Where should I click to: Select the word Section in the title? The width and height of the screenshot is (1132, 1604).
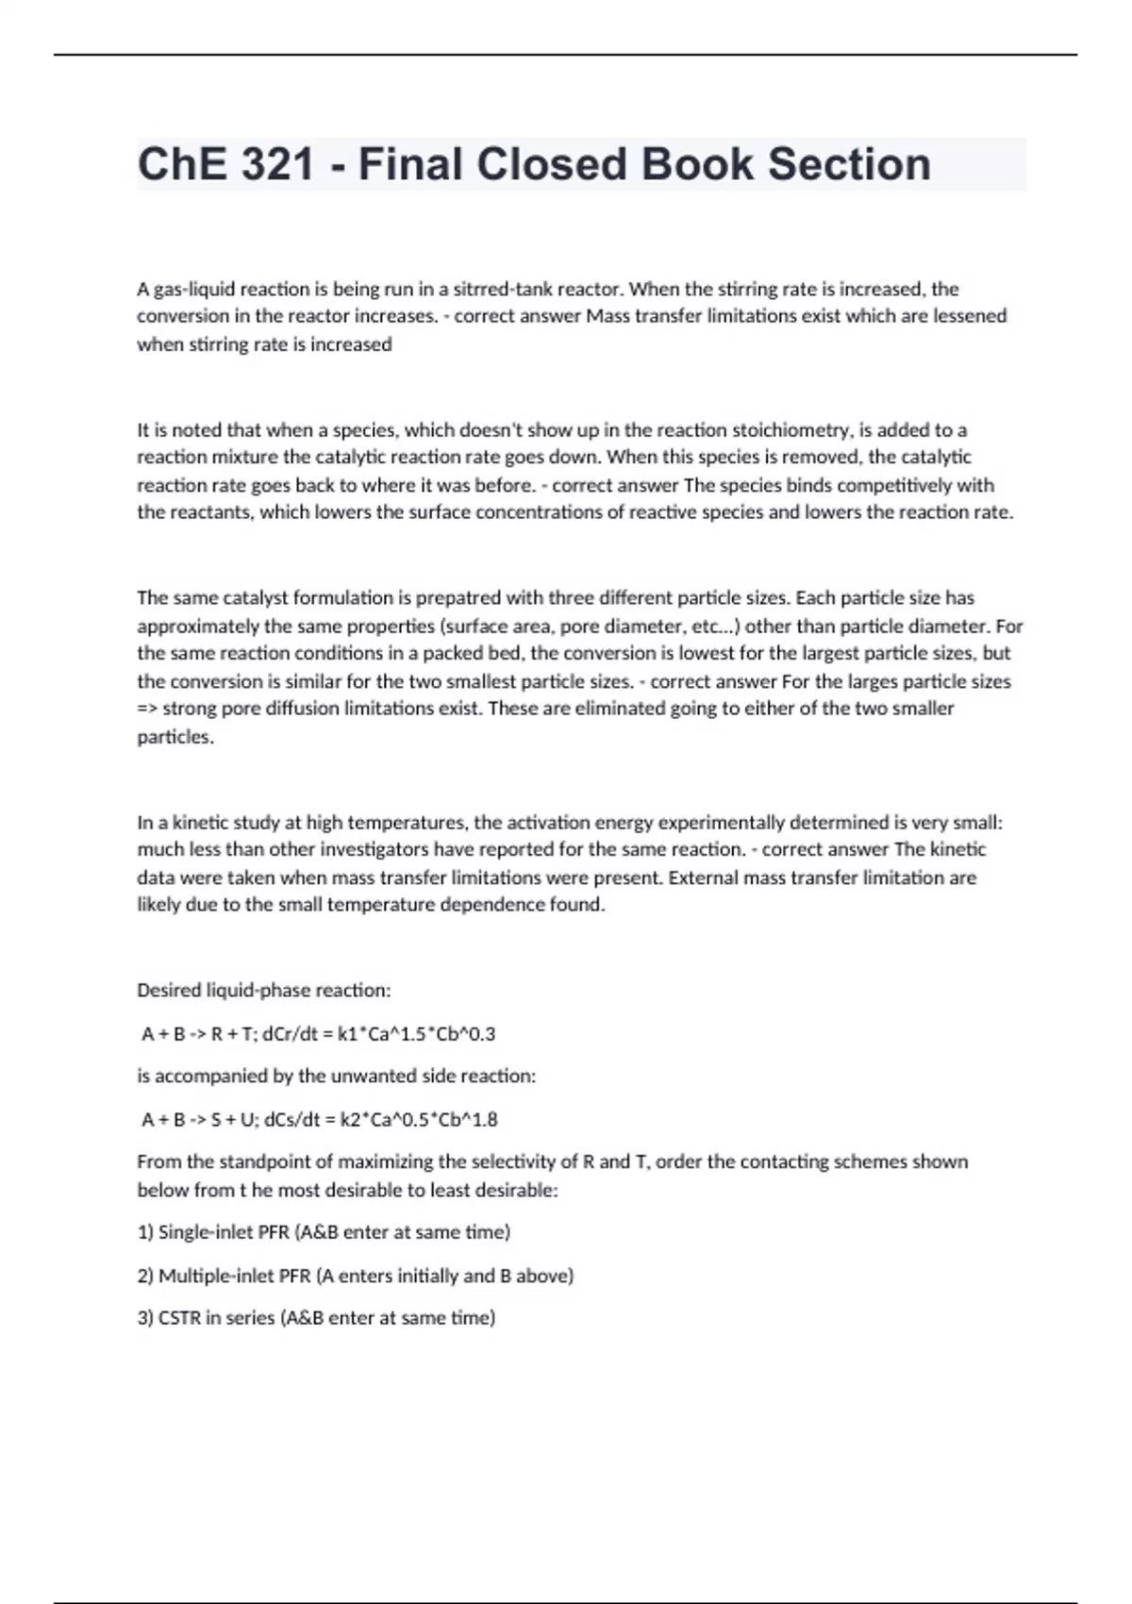(848, 164)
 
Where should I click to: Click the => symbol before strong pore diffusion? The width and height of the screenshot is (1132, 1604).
(147, 709)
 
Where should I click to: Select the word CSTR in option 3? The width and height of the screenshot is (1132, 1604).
(179, 1318)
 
